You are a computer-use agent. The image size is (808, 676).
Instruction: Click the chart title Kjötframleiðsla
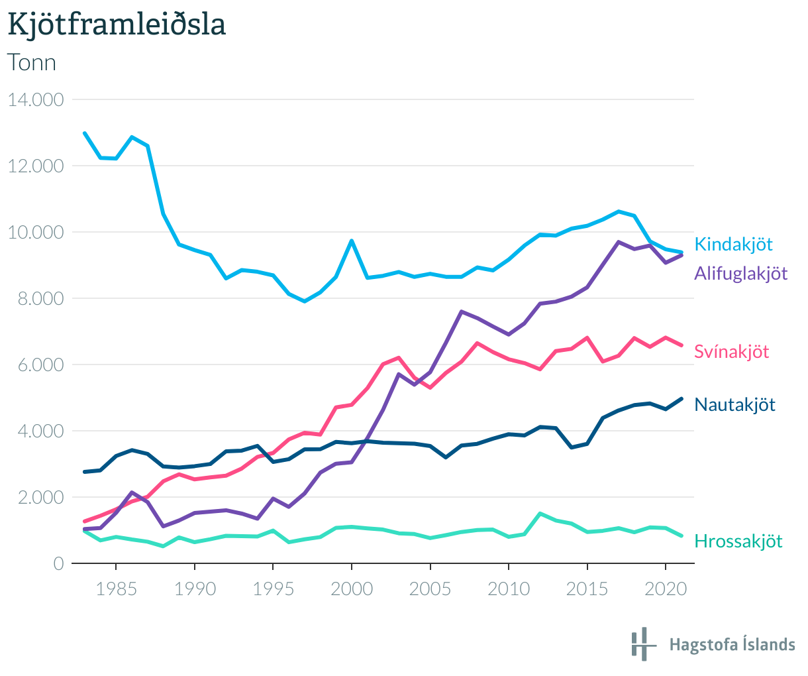117,25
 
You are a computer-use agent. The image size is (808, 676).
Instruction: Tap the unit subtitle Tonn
31,62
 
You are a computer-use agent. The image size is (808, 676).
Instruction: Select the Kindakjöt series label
733,244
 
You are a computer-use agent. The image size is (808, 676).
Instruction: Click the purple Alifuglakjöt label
740,273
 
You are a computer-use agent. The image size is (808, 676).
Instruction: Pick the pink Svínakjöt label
731,351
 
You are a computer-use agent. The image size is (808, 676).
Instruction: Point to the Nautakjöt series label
734,404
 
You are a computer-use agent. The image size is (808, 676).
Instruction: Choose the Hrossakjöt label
738,541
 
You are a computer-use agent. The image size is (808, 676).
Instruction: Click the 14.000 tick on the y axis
35,99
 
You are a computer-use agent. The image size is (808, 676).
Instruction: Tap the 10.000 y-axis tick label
35,232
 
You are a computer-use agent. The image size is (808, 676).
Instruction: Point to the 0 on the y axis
58,563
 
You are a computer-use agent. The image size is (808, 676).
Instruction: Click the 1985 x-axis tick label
116,589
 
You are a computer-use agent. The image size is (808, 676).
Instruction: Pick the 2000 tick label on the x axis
351,589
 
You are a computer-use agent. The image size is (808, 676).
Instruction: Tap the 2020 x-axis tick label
665,589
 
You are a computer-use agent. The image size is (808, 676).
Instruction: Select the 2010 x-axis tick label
508,589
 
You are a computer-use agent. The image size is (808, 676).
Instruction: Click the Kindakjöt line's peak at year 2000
351,241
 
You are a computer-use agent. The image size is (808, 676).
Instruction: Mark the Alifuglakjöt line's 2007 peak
461,311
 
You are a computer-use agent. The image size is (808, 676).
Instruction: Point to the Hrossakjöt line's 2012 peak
540,514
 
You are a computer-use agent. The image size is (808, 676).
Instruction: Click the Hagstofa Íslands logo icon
642,644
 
